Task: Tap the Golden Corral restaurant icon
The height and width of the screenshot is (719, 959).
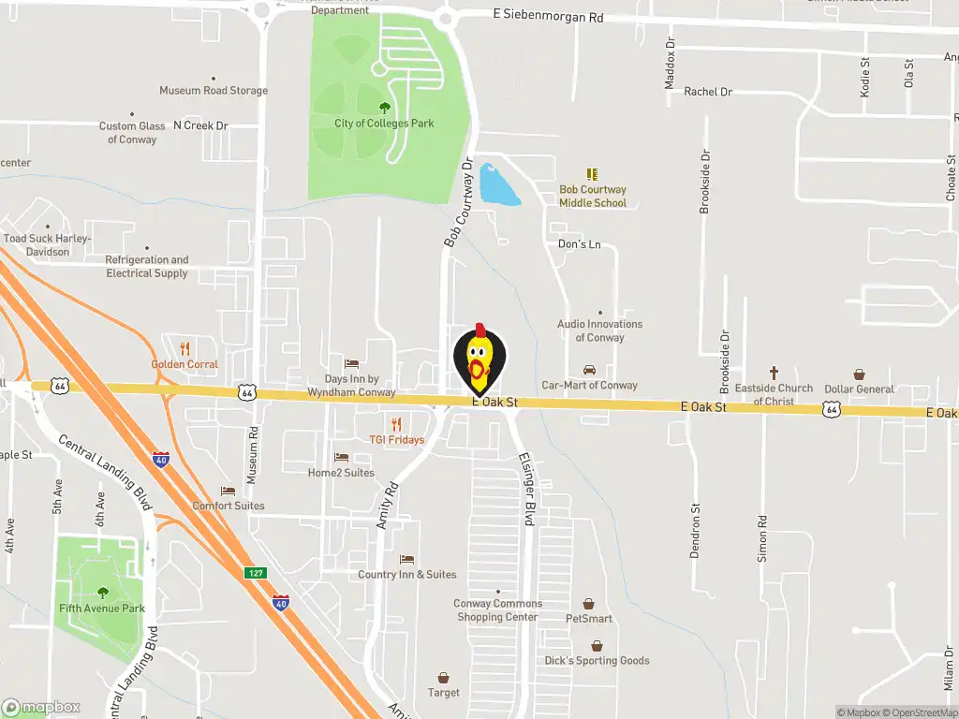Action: click(184, 348)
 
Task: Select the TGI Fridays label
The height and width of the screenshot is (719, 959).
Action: click(396, 440)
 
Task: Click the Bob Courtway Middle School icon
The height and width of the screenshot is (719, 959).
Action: click(592, 174)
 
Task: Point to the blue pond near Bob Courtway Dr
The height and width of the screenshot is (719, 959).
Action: click(498, 185)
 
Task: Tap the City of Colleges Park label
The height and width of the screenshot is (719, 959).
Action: click(384, 124)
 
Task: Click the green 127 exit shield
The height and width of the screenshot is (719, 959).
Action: click(255, 572)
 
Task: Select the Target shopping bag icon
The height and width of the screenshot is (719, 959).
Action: click(444, 677)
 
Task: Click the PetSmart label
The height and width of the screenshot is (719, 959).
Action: click(589, 619)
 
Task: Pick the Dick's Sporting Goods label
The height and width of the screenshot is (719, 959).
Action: click(597, 661)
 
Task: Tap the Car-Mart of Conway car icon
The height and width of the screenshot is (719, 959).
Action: click(589, 370)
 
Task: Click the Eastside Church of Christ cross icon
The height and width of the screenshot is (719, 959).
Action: click(774, 373)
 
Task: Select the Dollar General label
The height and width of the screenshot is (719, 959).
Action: click(859, 389)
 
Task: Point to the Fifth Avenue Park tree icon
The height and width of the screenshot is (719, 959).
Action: click(102, 593)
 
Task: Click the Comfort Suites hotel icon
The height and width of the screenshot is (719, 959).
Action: click(228, 491)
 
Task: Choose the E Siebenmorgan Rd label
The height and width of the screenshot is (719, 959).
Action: click(549, 16)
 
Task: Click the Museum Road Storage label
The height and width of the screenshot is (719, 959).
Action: click(214, 91)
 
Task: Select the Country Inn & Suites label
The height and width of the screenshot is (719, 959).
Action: click(407, 575)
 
